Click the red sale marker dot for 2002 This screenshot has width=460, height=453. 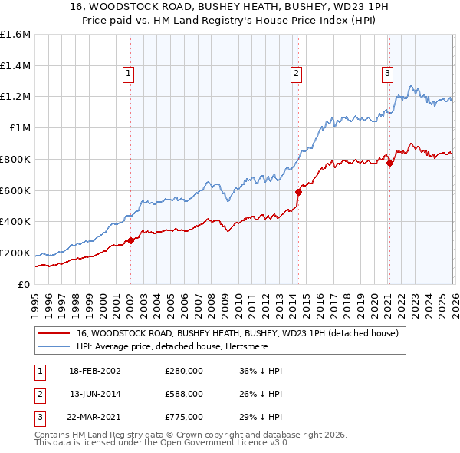coord(130,240)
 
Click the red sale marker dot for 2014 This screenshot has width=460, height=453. coord(298,192)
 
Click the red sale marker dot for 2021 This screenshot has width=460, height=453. coord(389,163)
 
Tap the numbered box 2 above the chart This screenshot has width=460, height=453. coord(295,74)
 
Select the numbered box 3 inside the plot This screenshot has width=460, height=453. coord(387,74)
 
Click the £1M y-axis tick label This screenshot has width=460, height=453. coord(20,128)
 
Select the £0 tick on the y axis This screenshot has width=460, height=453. coord(25,284)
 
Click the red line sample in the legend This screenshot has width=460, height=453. coord(54,334)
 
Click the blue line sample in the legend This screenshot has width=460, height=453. coord(54,346)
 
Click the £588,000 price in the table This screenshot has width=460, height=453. coord(183,394)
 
